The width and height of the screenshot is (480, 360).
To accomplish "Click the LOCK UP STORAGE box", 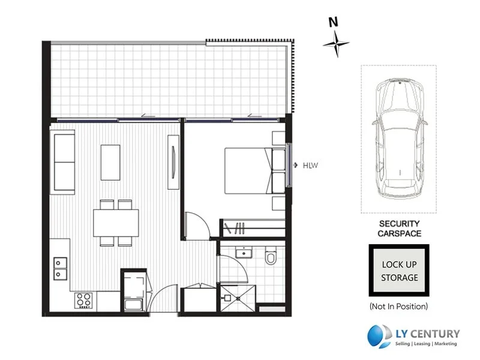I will tap(400, 271).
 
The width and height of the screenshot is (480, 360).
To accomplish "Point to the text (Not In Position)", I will tap(399, 307).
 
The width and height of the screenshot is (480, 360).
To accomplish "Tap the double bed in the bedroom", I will tap(252, 171).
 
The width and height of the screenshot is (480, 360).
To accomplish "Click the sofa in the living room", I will tap(64, 163).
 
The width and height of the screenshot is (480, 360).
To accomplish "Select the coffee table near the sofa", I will tap(110, 162).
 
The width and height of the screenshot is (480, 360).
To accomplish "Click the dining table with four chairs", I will tap(116, 223).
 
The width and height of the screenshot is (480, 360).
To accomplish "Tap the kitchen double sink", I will tap(61, 268).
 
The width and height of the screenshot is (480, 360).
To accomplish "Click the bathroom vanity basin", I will tap(242, 252).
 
